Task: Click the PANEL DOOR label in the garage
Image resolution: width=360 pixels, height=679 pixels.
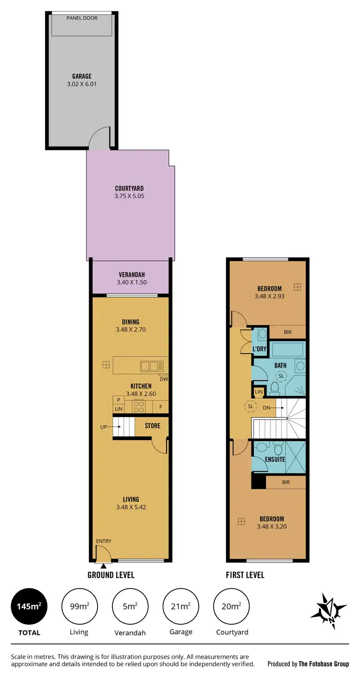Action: coord(82,18)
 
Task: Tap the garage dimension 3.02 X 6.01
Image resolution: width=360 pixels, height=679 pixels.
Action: coord(82,84)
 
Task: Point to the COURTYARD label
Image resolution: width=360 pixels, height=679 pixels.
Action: coord(129,189)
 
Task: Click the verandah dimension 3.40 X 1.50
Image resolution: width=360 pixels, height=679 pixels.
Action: coord(129,283)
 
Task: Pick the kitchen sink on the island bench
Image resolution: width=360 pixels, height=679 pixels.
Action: coord(152,366)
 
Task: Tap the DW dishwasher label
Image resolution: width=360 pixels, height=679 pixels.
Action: coord(163,379)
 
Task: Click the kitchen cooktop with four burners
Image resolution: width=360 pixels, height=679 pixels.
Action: coord(139,406)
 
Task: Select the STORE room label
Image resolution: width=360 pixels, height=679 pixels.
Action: coord(153,426)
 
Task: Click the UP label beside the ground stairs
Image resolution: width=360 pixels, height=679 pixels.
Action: coord(103,426)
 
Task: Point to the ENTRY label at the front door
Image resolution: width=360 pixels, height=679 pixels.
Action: coord(104,541)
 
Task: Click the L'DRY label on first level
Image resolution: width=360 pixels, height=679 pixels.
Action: coord(259,349)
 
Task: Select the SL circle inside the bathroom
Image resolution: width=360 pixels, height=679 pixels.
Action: coord(281,376)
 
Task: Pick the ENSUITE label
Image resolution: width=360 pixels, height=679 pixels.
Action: coord(275,459)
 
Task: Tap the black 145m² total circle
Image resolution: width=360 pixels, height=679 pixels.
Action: coord(29,607)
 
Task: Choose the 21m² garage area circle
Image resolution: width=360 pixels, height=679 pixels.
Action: coord(181,607)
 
